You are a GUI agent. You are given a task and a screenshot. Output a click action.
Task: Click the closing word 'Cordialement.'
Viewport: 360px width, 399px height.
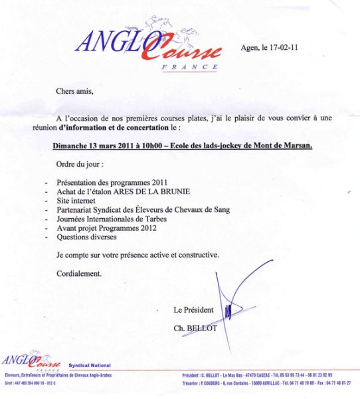point(80,273)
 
